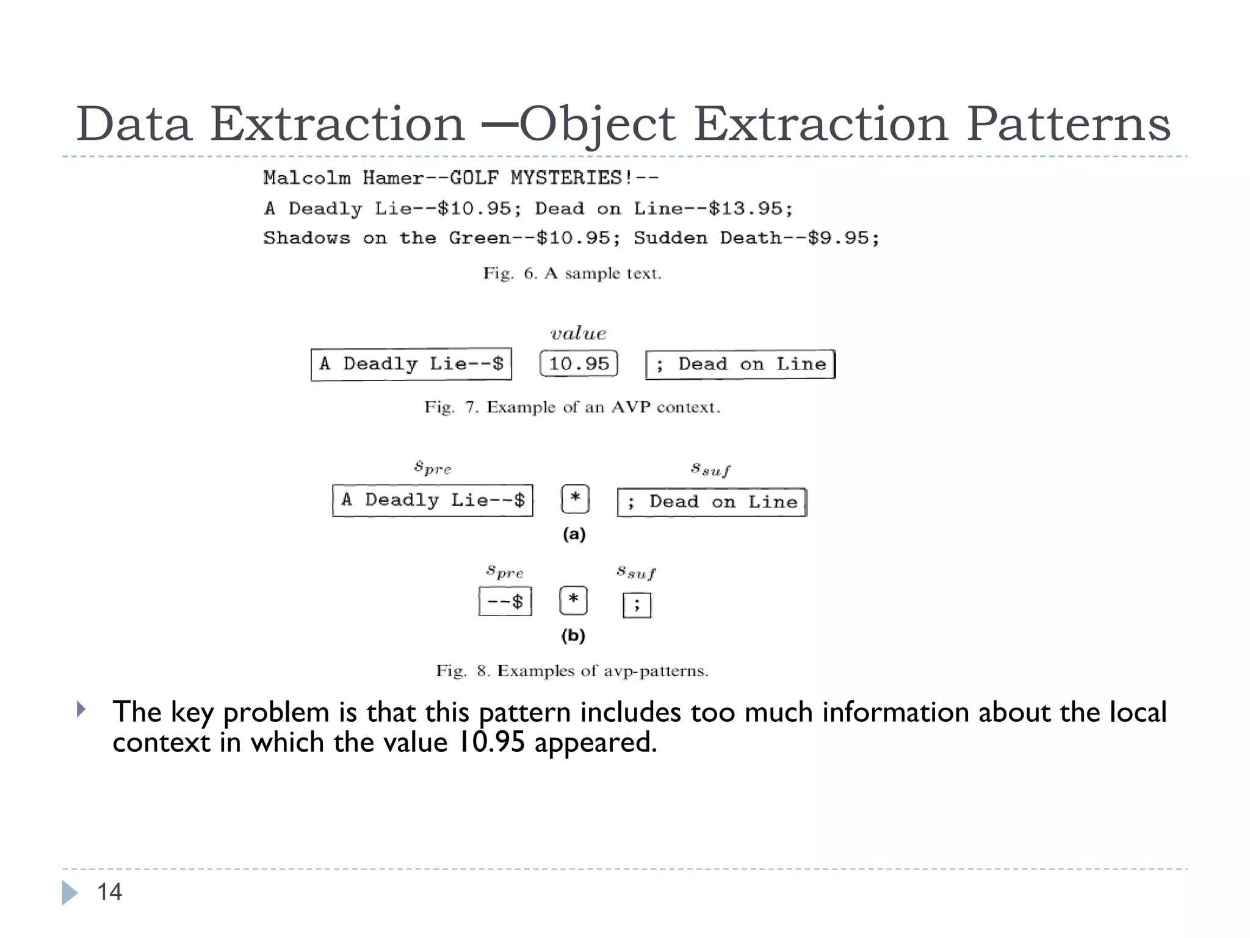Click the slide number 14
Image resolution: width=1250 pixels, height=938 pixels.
(x=110, y=892)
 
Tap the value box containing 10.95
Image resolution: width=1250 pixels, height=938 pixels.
(x=579, y=364)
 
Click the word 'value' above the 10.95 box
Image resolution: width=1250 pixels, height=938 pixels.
(x=578, y=333)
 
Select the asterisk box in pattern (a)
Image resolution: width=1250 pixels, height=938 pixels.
(x=575, y=499)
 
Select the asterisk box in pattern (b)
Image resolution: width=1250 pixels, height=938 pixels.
(x=573, y=600)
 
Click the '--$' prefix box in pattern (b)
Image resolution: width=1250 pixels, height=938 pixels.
(x=505, y=602)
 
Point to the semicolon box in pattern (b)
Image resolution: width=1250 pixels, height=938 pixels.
(x=637, y=605)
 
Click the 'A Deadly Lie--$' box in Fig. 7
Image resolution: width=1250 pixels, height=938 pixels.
(x=411, y=364)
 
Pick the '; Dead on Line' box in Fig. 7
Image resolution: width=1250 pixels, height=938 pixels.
(x=740, y=365)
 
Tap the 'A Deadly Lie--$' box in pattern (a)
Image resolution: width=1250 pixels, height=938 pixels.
(x=433, y=500)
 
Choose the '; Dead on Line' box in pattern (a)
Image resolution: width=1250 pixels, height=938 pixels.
(x=712, y=502)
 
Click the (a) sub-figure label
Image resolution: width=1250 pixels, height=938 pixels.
(x=574, y=534)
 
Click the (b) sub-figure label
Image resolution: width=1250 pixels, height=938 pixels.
(x=573, y=636)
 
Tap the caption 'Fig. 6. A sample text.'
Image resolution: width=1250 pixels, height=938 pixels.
(x=572, y=273)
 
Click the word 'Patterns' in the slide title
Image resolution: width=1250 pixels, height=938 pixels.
(x=1068, y=124)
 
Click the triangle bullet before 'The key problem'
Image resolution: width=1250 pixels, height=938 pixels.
(x=81, y=710)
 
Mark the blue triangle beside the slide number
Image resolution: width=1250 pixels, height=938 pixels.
(x=70, y=893)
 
